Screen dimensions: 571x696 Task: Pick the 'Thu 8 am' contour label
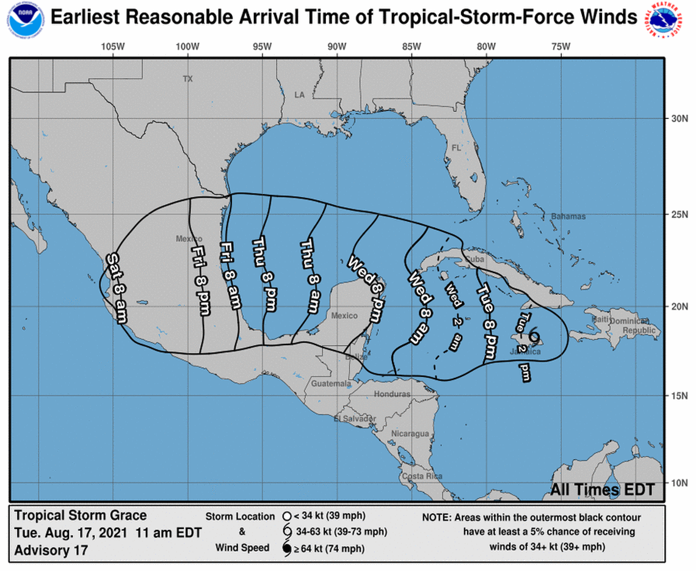tap(309, 277)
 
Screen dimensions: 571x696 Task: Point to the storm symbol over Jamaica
tap(534, 335)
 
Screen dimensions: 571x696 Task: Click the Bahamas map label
tap(568, 216)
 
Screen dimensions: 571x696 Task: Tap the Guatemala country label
tap(331, 384)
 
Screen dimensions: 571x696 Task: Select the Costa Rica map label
tap(421, 476)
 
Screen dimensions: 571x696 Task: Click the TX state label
tap(187, 79)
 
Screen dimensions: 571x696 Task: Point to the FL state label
tap(456, 148)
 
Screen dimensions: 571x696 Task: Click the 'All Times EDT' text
tap(602, 490)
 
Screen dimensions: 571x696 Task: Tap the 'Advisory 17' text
tap(51, 550)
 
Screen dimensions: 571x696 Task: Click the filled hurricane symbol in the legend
tap(286, 548)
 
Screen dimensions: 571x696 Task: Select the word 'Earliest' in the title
tap(85, 18)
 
